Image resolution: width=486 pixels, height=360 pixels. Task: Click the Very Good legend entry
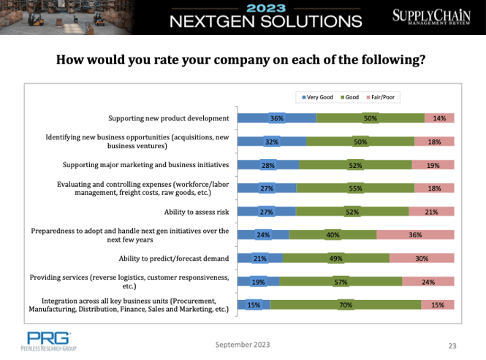(x=315, y=97)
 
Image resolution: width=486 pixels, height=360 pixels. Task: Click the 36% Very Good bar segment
(x=277, y=118)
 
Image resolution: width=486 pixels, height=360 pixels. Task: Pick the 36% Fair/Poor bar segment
(x=416, y=235)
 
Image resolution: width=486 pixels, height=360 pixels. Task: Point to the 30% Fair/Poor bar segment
(x=422, y=258)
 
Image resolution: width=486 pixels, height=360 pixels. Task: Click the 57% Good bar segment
(x=341, y=282)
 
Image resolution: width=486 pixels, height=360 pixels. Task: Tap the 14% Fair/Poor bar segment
(x=439, y=118)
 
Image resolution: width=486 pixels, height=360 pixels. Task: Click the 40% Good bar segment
(x=333, y=235)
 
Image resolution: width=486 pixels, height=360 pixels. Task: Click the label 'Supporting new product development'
(x=168, y=118)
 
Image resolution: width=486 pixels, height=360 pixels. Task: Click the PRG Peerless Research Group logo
(x=49, y=341)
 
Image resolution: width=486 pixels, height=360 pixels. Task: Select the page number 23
(x=452, y=345)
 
